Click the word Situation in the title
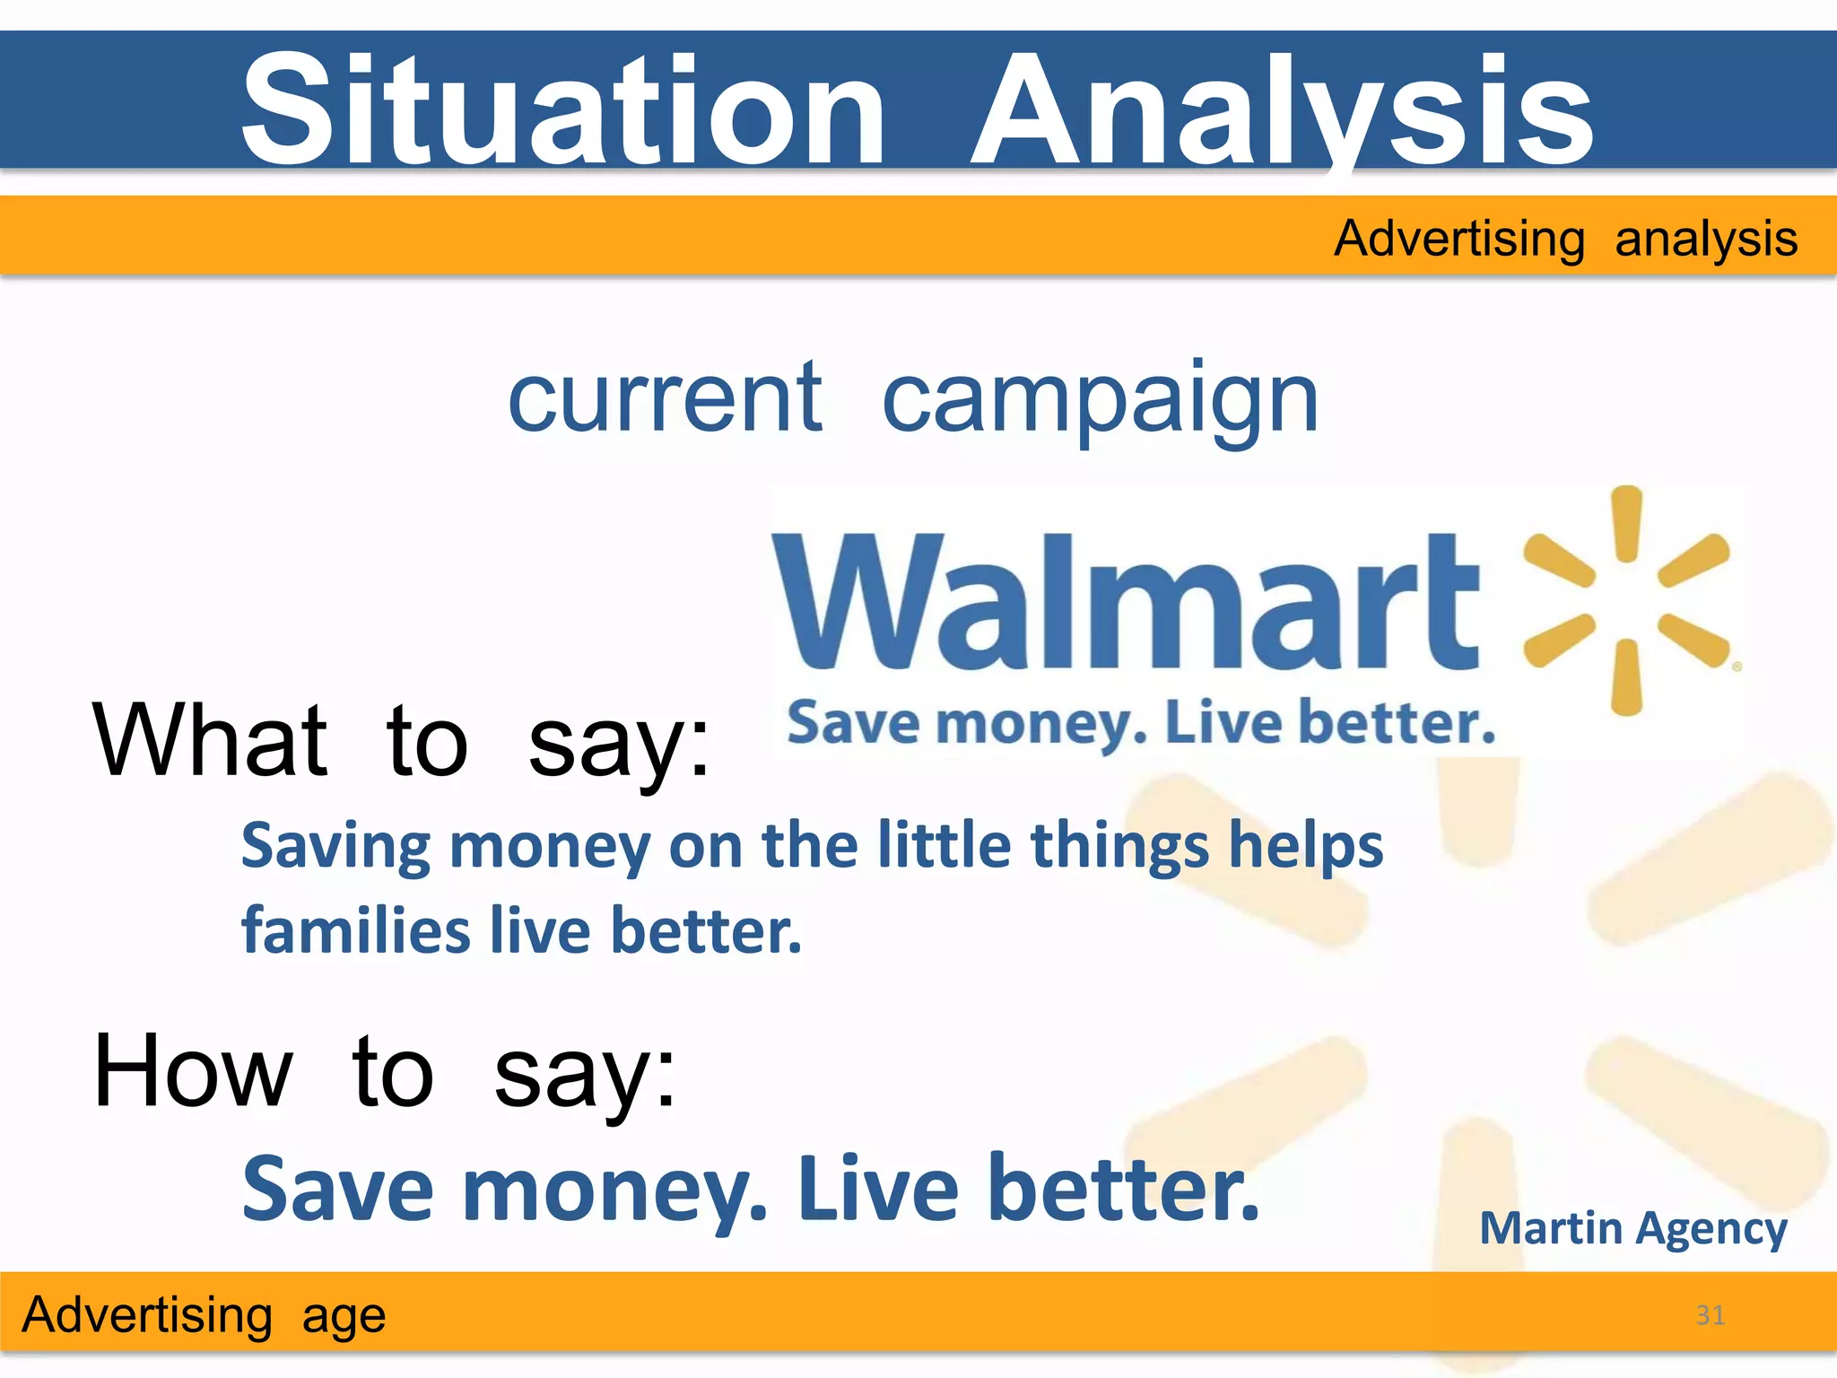click(563, 109)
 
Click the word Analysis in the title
click(1283, 109)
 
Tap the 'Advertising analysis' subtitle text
click(1565, 239)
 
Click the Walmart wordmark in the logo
click(1126, 601)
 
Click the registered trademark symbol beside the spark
click(1737, 667)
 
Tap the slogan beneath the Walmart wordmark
click(1141, 723)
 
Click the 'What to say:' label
click(401, 741)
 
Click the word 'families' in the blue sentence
click(356, 929)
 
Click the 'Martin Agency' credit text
click(1632, 1228)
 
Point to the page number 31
click(1710, 1315)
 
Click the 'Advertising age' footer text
click(204, 1315)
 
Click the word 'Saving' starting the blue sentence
click(335, 847)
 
